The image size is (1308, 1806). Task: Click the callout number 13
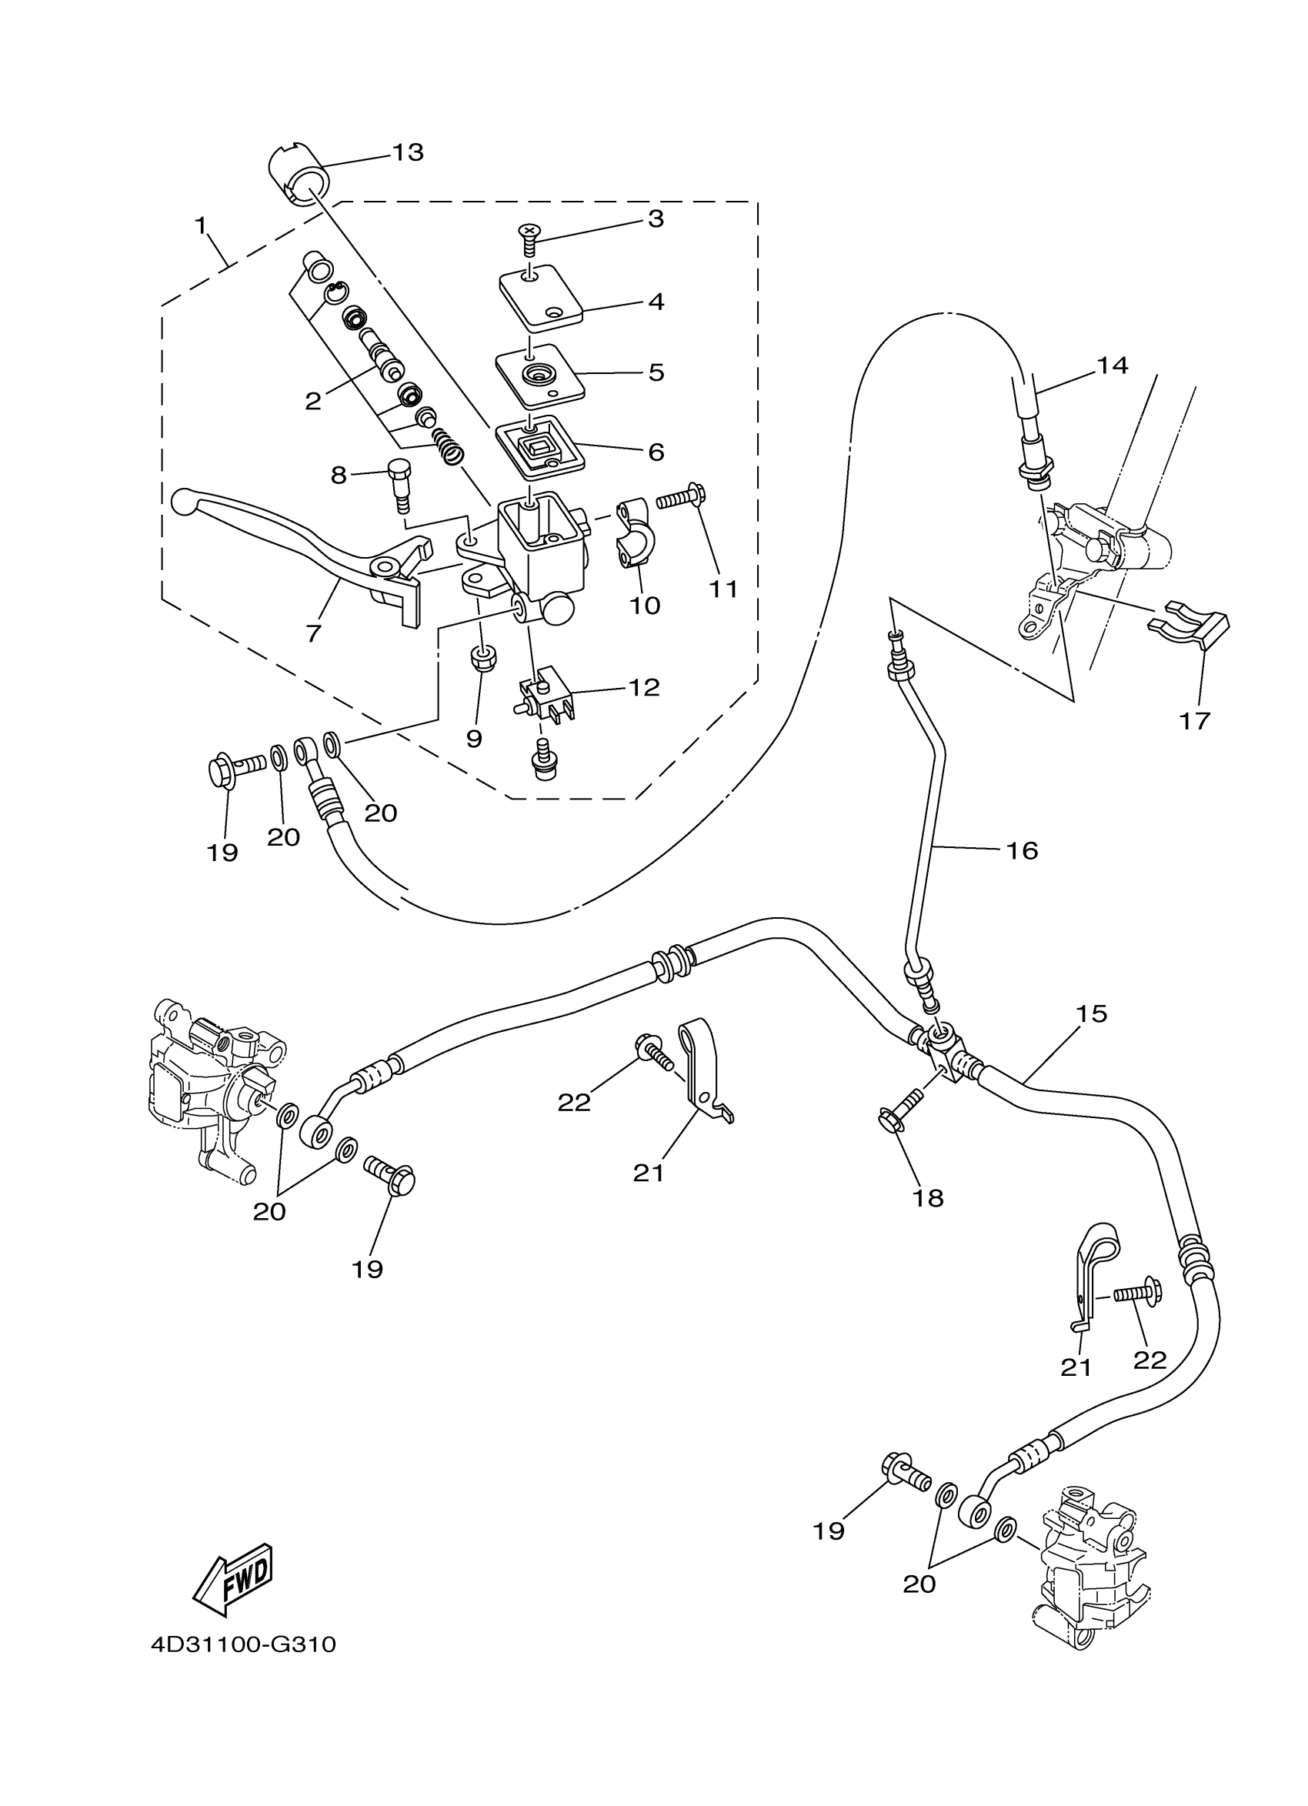click(x=409, y=152)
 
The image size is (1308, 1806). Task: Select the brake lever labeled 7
click(x=302, y=542)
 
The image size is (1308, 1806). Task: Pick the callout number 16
click(x=1023, y=850)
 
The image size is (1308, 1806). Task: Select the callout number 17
click(x=1194, y=721)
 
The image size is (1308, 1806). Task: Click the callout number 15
click(x=1092, y=1013)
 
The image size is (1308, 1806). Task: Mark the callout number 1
click(x=201, y=225)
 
